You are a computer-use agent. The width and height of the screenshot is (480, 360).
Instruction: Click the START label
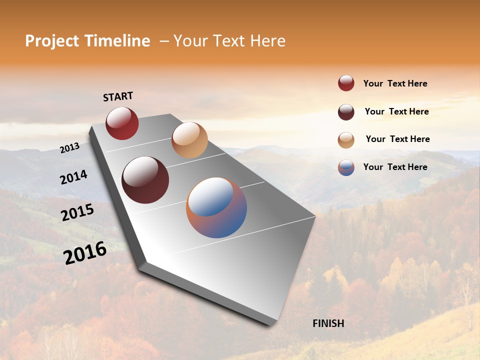(x=118, y=96)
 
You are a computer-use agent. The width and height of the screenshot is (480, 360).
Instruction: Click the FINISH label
(x=328, y=323)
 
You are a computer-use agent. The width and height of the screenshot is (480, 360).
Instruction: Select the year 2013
(x=69, y=148)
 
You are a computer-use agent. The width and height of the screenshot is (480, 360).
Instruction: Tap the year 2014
(x=73, y=177)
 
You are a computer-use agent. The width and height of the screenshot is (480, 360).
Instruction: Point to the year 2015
(x=77, y=212)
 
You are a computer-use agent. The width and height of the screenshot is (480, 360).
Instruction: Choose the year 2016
(x=85, y=253)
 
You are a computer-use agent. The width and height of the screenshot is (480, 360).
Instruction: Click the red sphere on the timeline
(x=122, y=123)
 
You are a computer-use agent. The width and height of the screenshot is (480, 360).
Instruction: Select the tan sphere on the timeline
(x=189, y=140)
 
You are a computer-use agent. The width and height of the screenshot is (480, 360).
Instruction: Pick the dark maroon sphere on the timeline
(x=145, y=180)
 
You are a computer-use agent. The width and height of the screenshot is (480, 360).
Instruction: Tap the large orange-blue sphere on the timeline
(x=216, y=207)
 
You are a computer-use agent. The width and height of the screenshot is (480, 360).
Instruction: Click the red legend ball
(x=346, y=83)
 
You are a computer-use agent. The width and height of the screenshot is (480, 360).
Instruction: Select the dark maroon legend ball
(x=346, y=112)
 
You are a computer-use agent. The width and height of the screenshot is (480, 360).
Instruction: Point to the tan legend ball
(x=346, y=140)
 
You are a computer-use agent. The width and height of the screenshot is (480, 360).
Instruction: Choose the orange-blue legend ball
(x=346, y=167)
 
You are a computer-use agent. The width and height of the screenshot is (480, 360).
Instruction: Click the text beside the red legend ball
(x=395, y=84)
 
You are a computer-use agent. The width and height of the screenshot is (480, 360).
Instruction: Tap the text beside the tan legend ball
(x=397, y=139)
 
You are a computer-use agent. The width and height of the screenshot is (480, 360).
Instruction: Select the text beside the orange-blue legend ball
(x=395, y=167)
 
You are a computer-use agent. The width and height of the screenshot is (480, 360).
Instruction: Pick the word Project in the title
(x=52, y=41)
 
